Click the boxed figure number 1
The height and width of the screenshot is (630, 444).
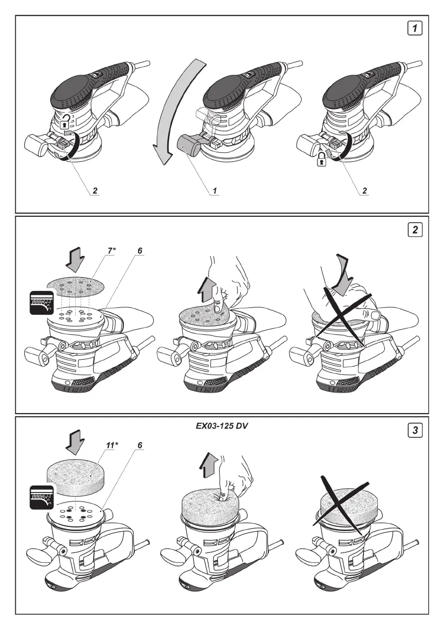pyautogui.click(x=417, y=28)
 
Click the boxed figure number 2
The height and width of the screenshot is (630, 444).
pyautogui.click(x=417, y=230)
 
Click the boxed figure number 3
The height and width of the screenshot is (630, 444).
pyautogui.click(x=417, y=431)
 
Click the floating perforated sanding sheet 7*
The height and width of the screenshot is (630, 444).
pyautogui.click(x=76, y=285)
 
